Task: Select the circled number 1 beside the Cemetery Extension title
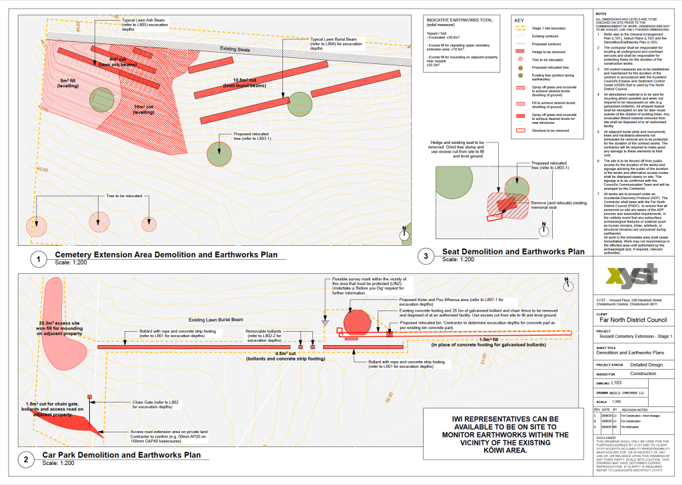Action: pos(41,258)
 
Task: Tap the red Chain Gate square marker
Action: pos(89,398)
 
